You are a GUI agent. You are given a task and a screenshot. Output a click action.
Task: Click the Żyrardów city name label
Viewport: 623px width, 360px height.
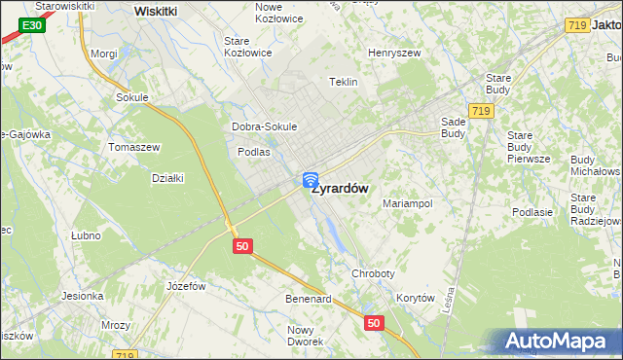(x=340, y=190)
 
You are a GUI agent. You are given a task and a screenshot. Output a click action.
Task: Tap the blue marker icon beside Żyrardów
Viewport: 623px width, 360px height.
(x=311, y=180)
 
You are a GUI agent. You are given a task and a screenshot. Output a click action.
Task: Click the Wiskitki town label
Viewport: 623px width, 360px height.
(x=156, y=11)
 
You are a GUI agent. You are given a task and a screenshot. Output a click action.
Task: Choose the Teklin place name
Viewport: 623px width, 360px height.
(x=345, y=83)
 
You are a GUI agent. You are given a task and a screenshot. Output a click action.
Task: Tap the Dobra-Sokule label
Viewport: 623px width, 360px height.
(x=264, y=126)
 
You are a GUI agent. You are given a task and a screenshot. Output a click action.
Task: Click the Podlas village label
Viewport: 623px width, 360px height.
(x=253, y=152)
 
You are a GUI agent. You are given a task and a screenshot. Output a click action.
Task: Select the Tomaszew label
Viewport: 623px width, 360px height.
(x=134, y=147)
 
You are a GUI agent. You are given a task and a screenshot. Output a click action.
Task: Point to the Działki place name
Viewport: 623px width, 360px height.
(x=168, y=177)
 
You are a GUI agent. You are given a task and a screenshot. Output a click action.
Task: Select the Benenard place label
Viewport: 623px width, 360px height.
(x=309, y=299)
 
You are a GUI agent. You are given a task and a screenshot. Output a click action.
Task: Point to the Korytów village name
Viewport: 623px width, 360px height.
(x=415, y=299)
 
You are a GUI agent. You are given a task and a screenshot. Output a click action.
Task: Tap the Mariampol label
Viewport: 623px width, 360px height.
(x=407, y=204)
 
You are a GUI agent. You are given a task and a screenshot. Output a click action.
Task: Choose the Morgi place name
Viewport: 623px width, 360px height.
(x=103, y=54)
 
